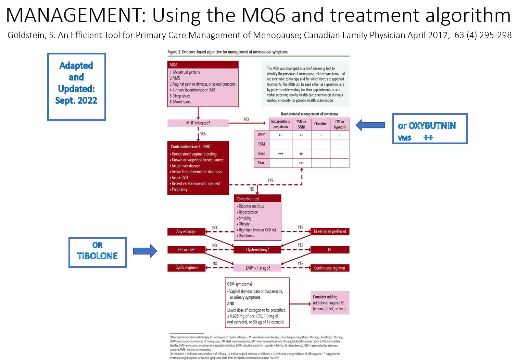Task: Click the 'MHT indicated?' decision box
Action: (198, 123)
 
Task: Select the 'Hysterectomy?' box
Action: (257, 250)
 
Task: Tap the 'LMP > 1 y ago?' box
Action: (257, 268)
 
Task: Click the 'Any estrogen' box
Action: (186, 232)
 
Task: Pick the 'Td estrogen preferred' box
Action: (329, 232)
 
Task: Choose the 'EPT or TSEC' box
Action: (186, 250)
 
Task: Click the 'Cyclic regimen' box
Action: (186, 268)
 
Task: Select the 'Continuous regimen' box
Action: (329, 268)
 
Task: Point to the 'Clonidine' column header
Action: (321, 124)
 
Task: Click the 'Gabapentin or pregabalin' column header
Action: (280, 124)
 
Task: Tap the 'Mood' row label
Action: (262, 163)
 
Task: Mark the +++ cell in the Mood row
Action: (301, 163)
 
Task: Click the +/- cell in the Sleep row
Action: (301, 153)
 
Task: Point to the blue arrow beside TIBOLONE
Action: (145, 251)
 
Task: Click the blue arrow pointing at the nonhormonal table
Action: (370, 125)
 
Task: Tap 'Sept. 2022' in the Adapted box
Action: (76, 100)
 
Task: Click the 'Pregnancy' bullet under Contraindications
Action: (179, 189)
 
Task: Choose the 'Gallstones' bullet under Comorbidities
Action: (246, 236)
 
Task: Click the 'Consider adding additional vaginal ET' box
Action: (329, 303)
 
